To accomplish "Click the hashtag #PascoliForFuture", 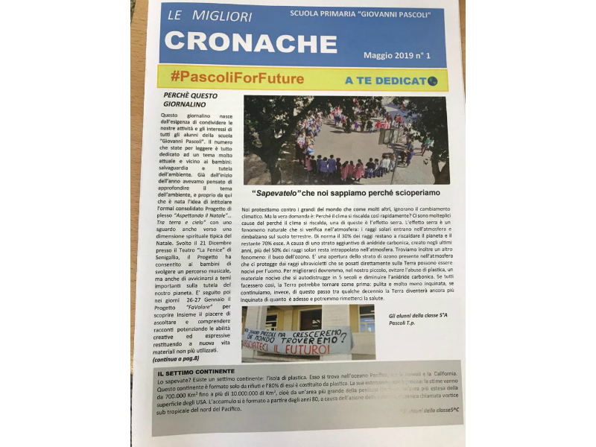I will click(x=237, y=77).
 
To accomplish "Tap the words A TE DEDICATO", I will click(x=385, y=79).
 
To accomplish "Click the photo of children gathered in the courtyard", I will click(x=346, y=140).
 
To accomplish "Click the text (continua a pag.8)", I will click(x=180, y=359).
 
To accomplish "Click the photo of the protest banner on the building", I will click(x=308, y=332).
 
